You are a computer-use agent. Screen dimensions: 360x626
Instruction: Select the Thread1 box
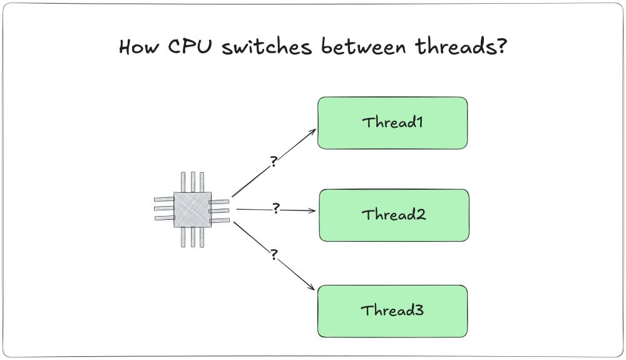coord(393,123)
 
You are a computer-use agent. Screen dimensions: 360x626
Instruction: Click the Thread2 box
coord(394,215)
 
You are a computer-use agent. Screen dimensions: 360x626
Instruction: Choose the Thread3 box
coord(393,311)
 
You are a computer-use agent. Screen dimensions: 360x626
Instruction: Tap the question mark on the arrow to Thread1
coord(274,162)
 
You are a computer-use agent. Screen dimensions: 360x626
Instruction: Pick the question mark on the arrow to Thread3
coord(274,255)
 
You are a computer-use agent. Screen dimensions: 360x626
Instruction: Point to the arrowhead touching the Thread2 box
coord(314,211)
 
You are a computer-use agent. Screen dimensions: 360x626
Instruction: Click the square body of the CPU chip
coord(192,209)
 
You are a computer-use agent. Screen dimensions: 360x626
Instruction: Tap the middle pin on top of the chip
coord(193,182)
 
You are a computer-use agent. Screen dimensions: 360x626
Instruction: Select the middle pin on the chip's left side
coord(164,208)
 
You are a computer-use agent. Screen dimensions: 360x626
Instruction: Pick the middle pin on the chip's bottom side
coord(193,237)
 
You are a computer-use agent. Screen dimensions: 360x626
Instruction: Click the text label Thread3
coord(393,310)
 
